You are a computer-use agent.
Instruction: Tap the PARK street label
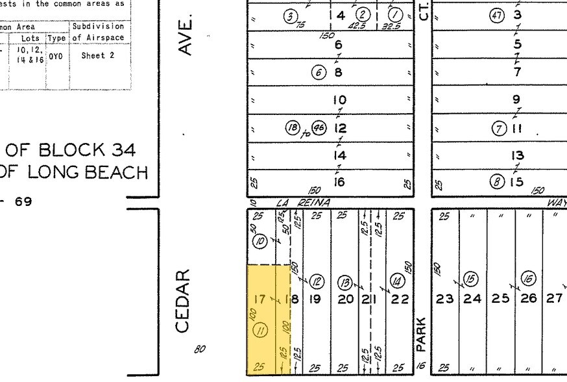tap(421, 333)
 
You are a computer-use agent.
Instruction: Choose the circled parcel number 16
tap(529, 278)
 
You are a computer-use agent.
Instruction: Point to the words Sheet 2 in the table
tap(97, 56)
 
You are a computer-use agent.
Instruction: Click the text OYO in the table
tap(56, 56)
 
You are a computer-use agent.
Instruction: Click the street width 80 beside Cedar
tap(199, 349)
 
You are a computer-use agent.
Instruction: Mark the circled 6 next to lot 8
tap(319, 72)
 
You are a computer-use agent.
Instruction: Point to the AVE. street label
tap(186, 37)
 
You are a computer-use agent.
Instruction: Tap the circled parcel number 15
tap(470, 279)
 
